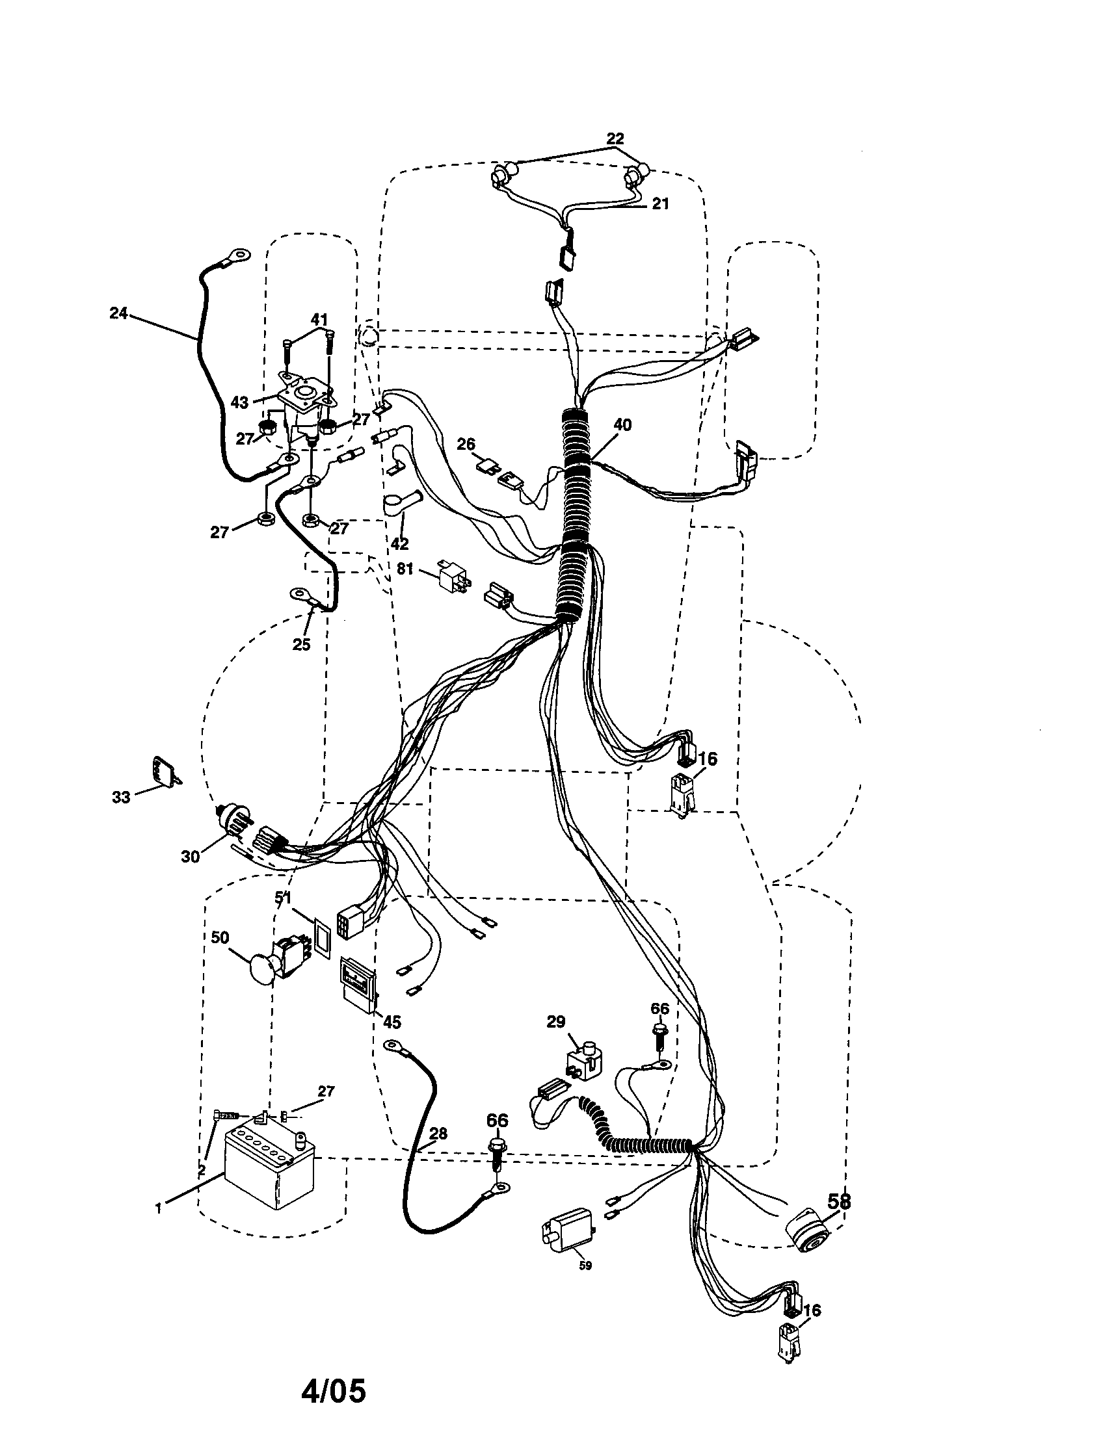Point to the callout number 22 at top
615,139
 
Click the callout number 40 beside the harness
622,425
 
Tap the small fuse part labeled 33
166,771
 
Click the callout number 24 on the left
118,314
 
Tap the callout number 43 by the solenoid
240,402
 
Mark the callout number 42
399,543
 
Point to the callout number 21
660,203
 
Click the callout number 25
301,644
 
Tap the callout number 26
466,445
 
